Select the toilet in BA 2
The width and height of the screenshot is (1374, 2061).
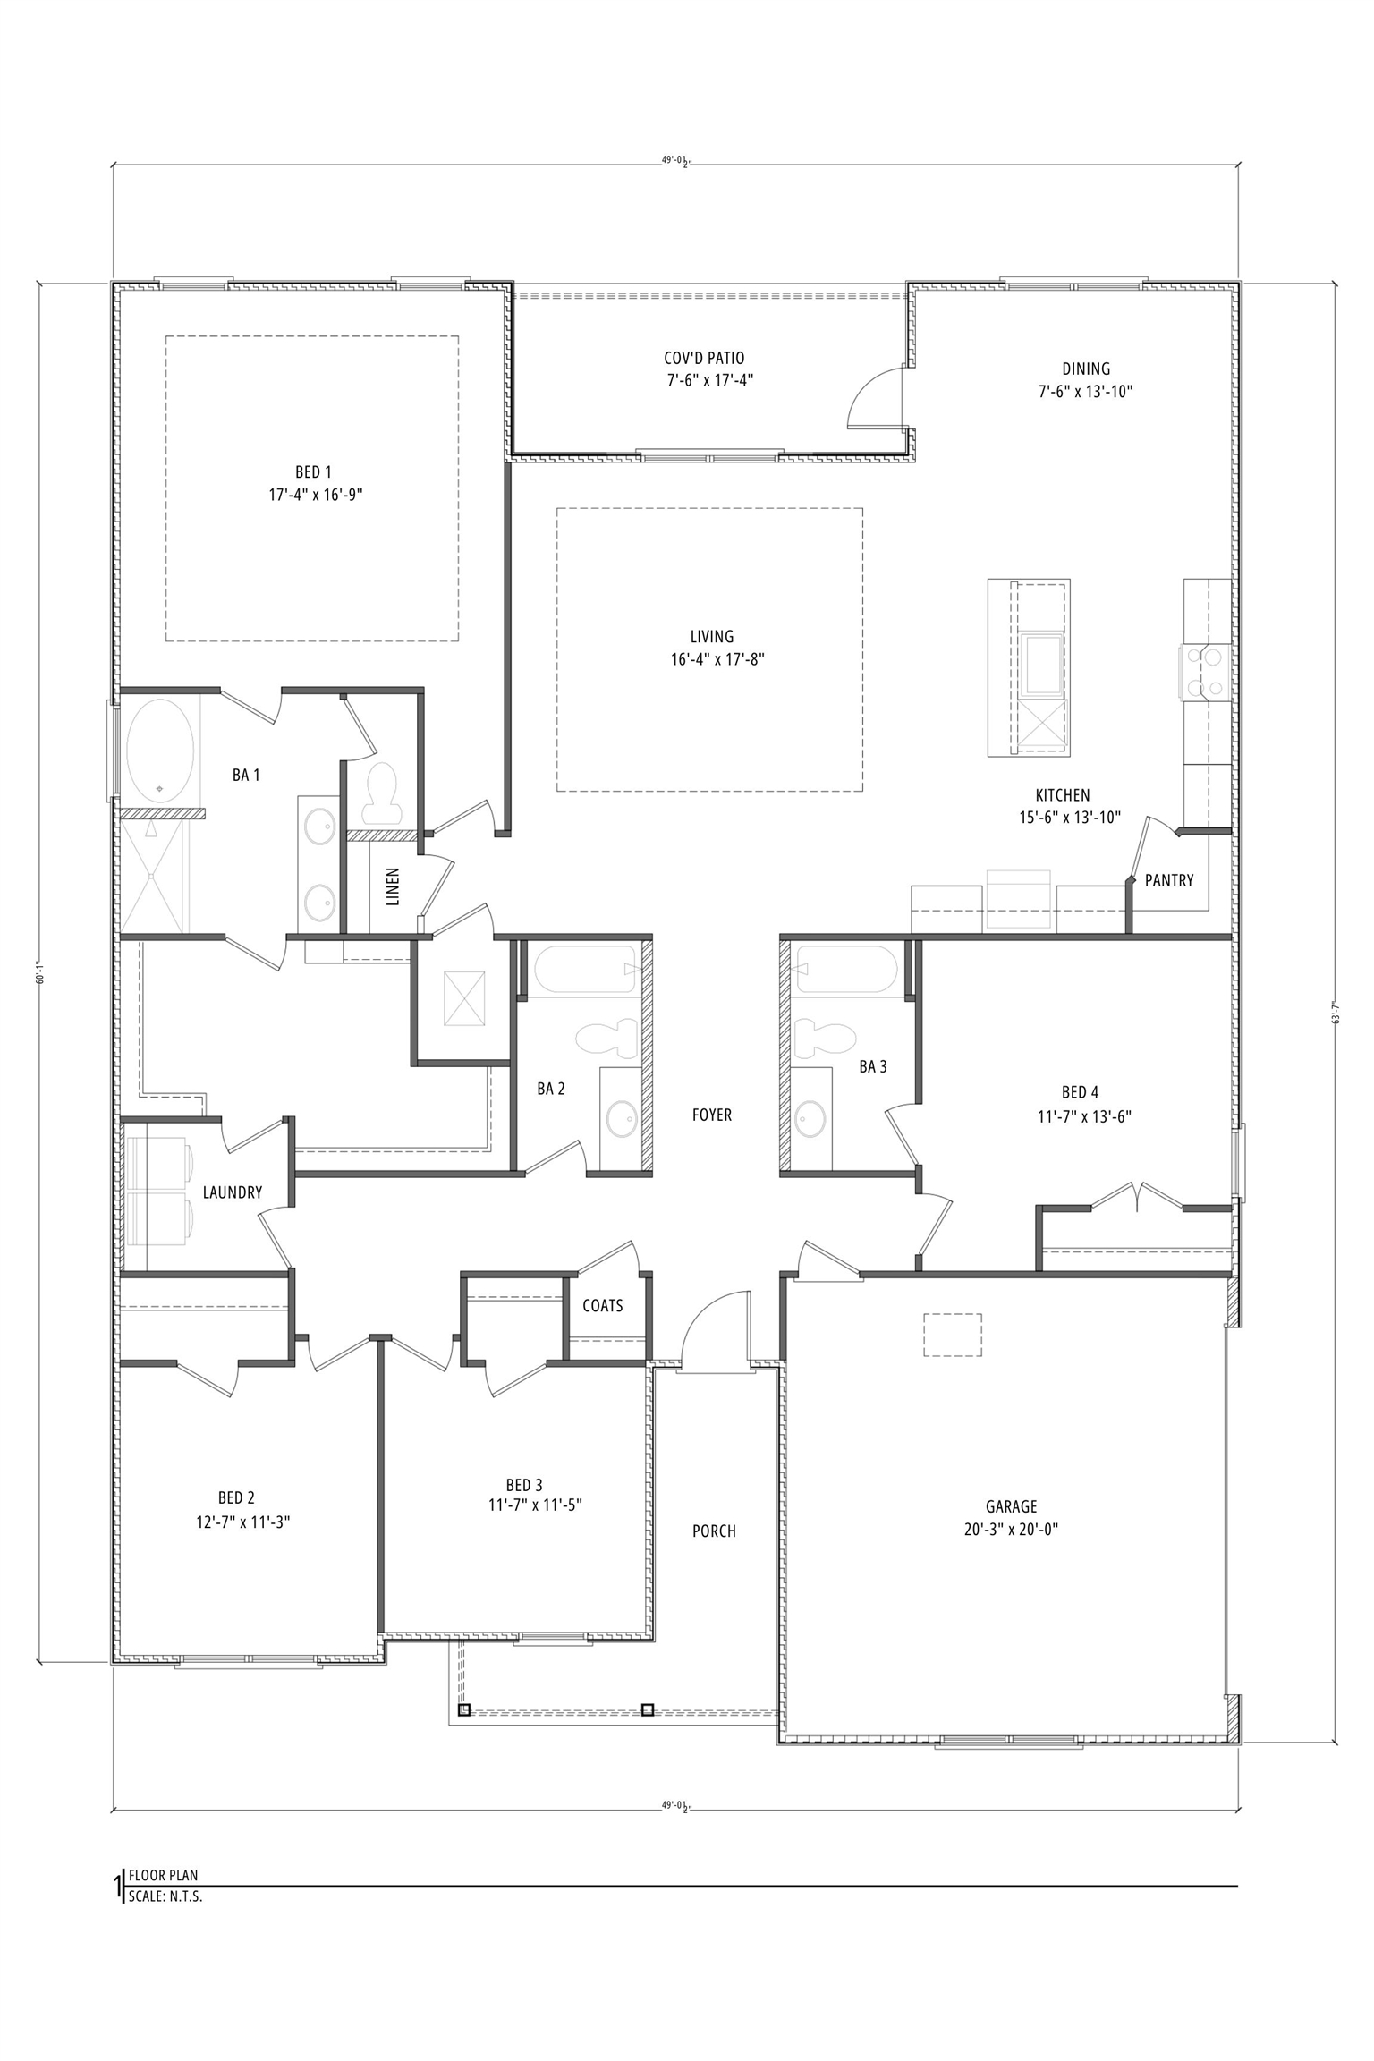point(606,1039)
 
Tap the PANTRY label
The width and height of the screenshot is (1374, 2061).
point(1168,880)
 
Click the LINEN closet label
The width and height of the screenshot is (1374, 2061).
point(393,886)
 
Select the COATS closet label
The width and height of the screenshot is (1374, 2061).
point(602,1305)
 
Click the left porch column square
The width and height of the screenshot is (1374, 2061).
point(464,1709)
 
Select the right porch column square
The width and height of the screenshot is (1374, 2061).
point(647,1709)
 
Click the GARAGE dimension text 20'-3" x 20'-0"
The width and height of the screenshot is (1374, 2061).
point(1011,1529)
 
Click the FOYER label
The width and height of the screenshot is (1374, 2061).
point(711,1115)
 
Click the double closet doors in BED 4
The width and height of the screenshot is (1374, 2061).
point(1136,1197)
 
